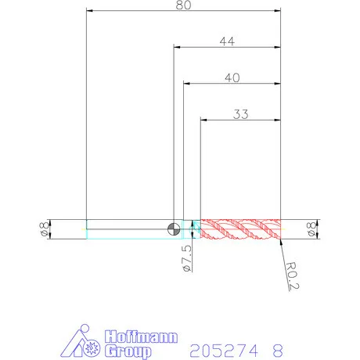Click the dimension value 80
[183, 5]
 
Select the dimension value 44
[227, 41]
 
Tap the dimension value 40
[232, 77]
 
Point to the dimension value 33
[240, 114]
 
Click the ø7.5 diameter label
[187, 258]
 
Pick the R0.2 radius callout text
[292, 276]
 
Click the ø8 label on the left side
[44, 229]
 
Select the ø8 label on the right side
[311, 229]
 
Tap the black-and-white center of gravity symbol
[174, 229]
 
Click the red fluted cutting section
[240, 229]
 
